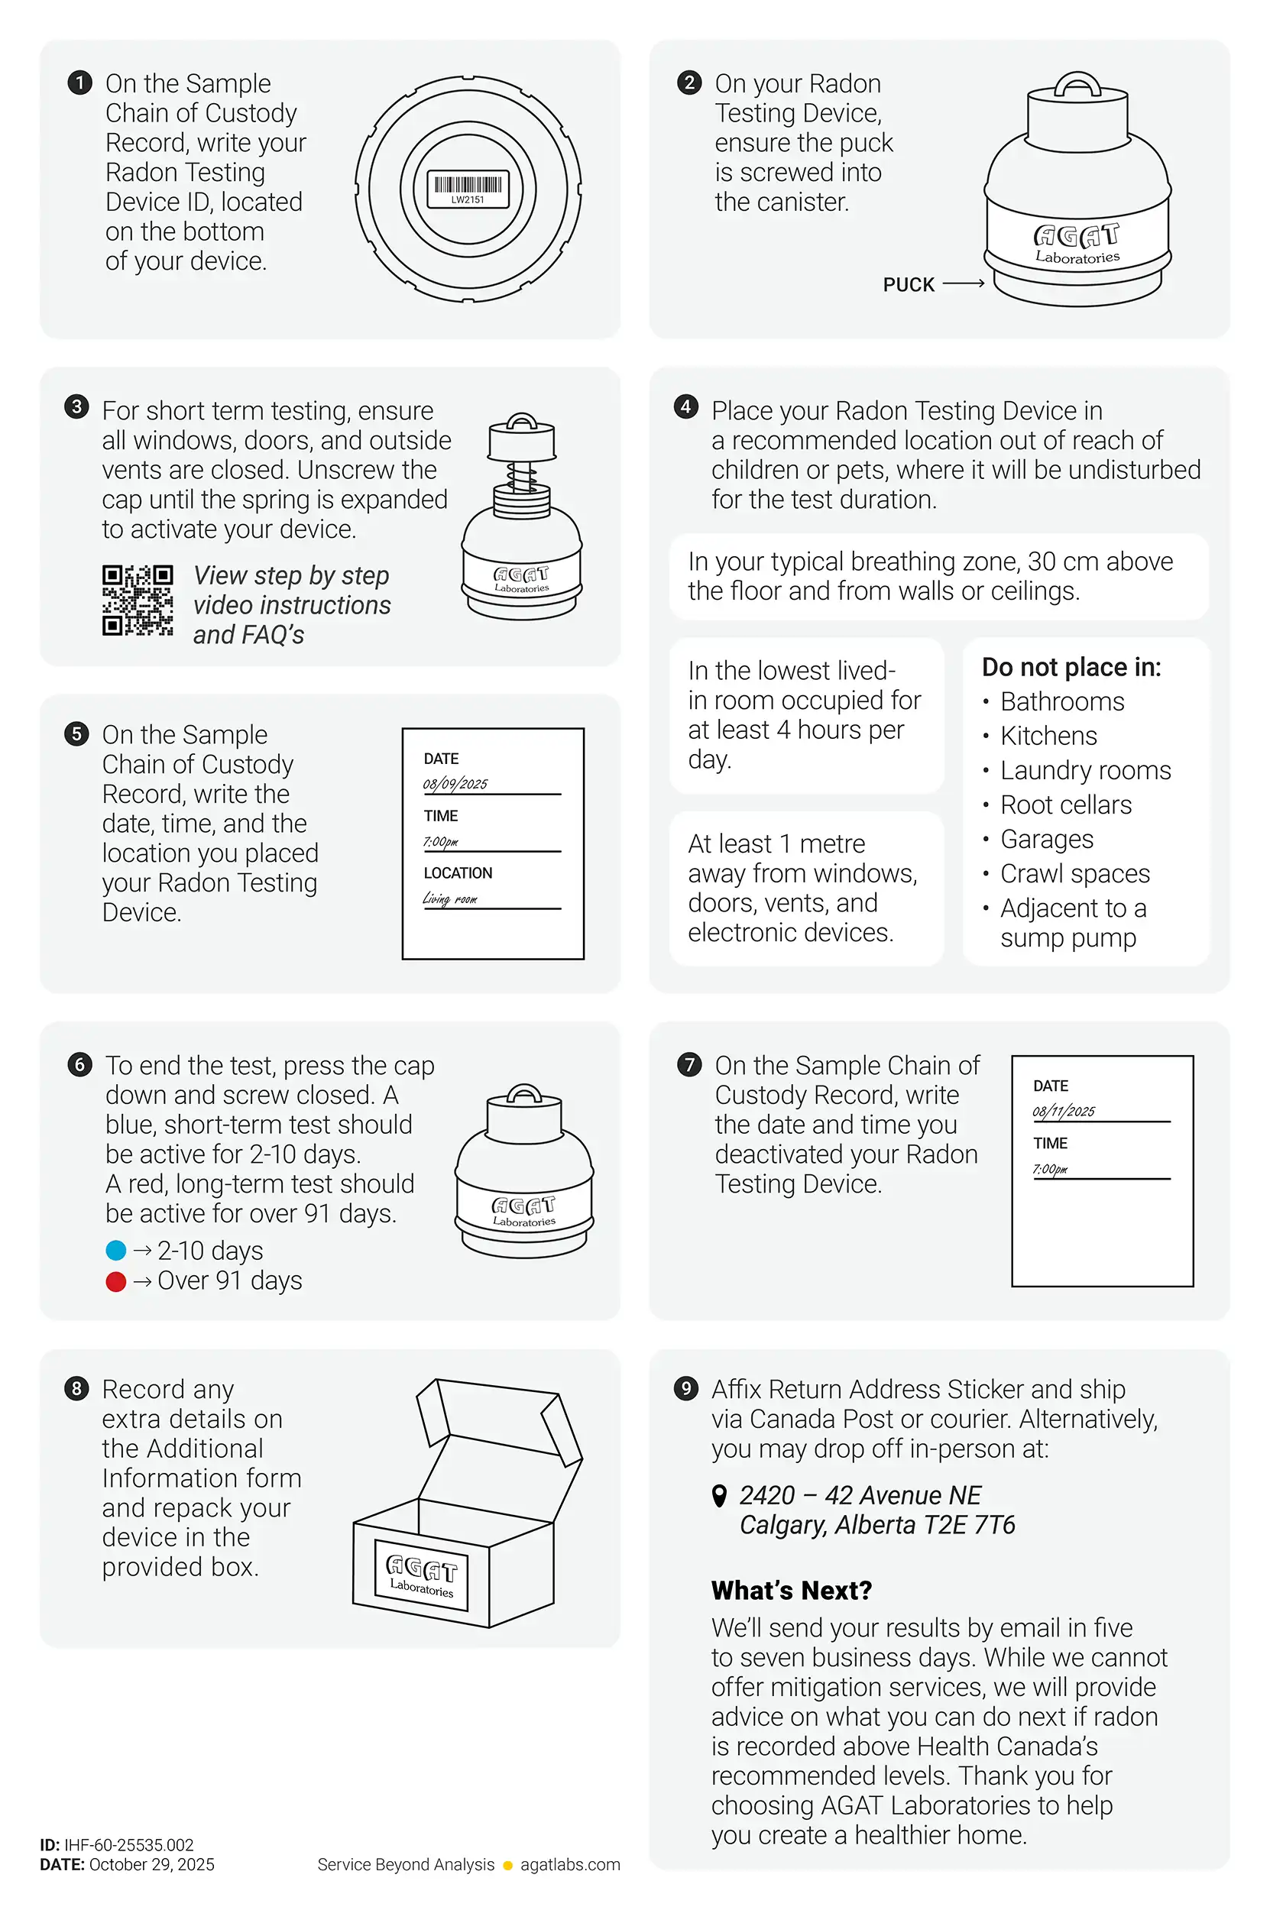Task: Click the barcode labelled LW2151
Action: (x=468, y=186)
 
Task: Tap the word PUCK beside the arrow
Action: (x=908, y=285)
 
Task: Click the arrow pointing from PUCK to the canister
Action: (x=963, y=283)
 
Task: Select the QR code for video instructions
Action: (x=138, y=600)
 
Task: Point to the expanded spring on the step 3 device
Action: (x=521, y=475)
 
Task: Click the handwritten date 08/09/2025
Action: (x=455, y=784)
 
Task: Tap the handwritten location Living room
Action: (x=450, y=898)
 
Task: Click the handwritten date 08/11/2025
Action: (x=1064, y=1112)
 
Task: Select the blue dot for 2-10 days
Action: (x=116, y=1250)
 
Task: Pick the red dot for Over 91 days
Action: (x=116, y=1281)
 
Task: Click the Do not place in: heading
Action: (x=1071, y=667)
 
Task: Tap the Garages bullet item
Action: (x=1046, y=840)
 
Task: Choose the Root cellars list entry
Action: (x=1065, y=804)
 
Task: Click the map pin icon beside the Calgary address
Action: (x=718, y=1495)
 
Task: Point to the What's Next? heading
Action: (x=792, y=1590)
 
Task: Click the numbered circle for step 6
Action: (x=79, y=1064)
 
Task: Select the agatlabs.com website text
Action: (x=569, y=1865)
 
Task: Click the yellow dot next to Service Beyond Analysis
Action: (x=508, y=1866)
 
